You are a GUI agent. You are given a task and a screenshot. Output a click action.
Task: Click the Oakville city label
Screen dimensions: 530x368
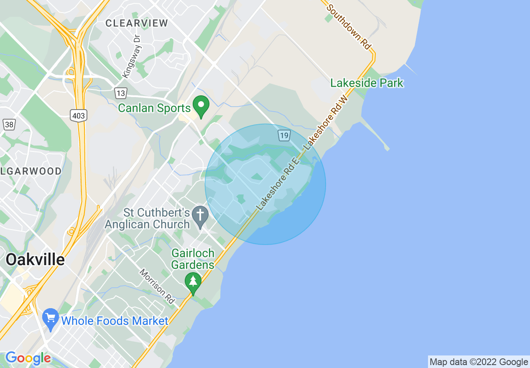35,260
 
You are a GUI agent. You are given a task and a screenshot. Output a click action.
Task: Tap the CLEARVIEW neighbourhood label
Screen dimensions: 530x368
137,23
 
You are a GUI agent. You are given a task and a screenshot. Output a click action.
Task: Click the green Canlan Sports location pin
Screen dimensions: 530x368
201,106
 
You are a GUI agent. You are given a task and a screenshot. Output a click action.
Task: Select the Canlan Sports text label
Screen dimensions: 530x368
154,108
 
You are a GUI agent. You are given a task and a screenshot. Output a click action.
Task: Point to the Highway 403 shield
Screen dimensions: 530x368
78,116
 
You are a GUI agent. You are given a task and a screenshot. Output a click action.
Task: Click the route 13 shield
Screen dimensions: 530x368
121,92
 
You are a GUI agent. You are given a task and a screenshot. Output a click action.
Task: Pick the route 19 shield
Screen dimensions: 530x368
284,135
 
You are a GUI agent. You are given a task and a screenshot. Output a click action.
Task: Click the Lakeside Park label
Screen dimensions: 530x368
367,83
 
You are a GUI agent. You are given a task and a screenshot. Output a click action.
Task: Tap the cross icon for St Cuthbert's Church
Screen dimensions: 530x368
200,216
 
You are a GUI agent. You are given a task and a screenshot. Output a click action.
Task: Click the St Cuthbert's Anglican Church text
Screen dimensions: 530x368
147,218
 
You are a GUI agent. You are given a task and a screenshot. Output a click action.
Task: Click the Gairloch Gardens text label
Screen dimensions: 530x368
193,259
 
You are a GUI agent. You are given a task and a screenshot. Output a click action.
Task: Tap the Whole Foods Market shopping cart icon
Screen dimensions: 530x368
51,319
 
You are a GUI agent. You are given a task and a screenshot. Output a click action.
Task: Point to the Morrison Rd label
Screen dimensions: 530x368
157,286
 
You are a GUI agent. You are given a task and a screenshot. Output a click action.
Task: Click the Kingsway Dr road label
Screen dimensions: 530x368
132,56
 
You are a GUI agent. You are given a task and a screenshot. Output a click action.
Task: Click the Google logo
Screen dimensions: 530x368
28,358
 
